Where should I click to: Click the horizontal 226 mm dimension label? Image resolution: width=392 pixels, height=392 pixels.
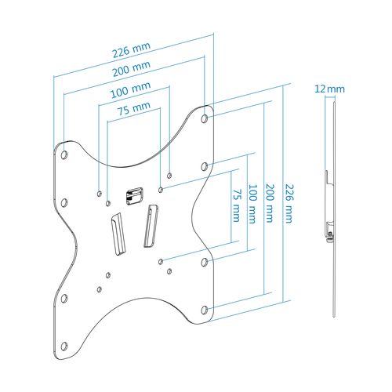coord(132,49)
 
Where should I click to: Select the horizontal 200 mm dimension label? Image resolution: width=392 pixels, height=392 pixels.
coord(132,68)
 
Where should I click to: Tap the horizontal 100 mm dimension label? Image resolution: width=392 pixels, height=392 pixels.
coord(131,89)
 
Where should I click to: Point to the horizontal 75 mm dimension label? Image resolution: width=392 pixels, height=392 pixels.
coord(134,108)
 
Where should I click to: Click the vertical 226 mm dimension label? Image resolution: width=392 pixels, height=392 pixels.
coord(289,204)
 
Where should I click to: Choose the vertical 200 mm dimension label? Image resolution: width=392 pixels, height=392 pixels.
coord(270,203)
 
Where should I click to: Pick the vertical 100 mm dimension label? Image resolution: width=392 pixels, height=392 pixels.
coord(252,204)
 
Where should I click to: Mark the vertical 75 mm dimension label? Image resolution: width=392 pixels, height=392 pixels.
coord(237,205)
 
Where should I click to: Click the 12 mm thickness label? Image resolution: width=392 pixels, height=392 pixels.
coord(329,89)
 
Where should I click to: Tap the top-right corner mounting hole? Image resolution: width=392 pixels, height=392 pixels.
coord(205,118)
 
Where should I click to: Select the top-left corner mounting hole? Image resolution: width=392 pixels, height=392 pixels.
coord(64,155)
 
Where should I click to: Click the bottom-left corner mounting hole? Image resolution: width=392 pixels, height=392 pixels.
coord(64,347)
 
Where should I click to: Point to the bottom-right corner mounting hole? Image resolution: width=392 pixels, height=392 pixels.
coord(205,310)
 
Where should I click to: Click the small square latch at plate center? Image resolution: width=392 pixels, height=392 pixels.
coord(135,196)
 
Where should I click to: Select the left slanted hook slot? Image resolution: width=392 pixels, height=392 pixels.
coord(118,234)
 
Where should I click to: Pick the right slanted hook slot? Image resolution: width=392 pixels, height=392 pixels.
coord(151,226)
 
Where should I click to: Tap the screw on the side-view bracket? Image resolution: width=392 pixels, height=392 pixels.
coord(330,234)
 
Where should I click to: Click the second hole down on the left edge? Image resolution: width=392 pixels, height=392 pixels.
coord(64,203)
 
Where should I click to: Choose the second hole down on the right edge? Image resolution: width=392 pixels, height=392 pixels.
coord(205,166)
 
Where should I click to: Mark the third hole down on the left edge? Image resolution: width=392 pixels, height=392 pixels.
coord(64,299)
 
